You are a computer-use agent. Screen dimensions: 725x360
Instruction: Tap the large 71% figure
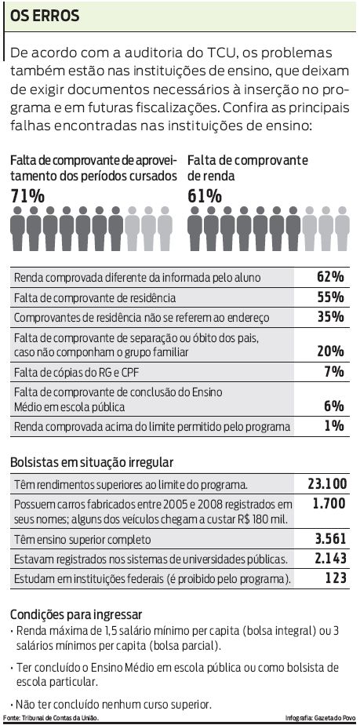click(27, 196)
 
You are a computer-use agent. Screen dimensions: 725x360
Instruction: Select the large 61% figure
click(205, 196)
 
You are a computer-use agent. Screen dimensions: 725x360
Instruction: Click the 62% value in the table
click(330, 277)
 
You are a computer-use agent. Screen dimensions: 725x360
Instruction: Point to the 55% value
click(330, 297)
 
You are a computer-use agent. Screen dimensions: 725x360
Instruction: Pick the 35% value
click(330, 317)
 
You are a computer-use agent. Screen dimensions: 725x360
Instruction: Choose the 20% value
click(330, 351)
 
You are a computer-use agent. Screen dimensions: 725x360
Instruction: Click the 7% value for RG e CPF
click(334, 371)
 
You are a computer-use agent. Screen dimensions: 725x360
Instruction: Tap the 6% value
click(334, 406)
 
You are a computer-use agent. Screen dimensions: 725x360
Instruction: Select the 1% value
click(334, 426)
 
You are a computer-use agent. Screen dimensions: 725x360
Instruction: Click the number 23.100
click(327, 483)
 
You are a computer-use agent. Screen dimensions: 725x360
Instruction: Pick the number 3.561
click(329, 539)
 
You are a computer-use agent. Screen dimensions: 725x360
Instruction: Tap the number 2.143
click(329, 559)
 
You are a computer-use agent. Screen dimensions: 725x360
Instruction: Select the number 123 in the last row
click(336, 578)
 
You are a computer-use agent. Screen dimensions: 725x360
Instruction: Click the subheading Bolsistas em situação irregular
click(92, 462)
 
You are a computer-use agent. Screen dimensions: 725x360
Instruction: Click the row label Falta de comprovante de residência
click(95, 298)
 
